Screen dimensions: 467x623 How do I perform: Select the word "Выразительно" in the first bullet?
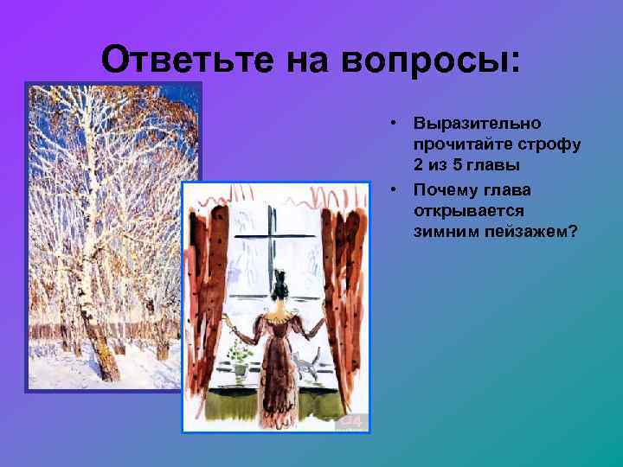[477, 125]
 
